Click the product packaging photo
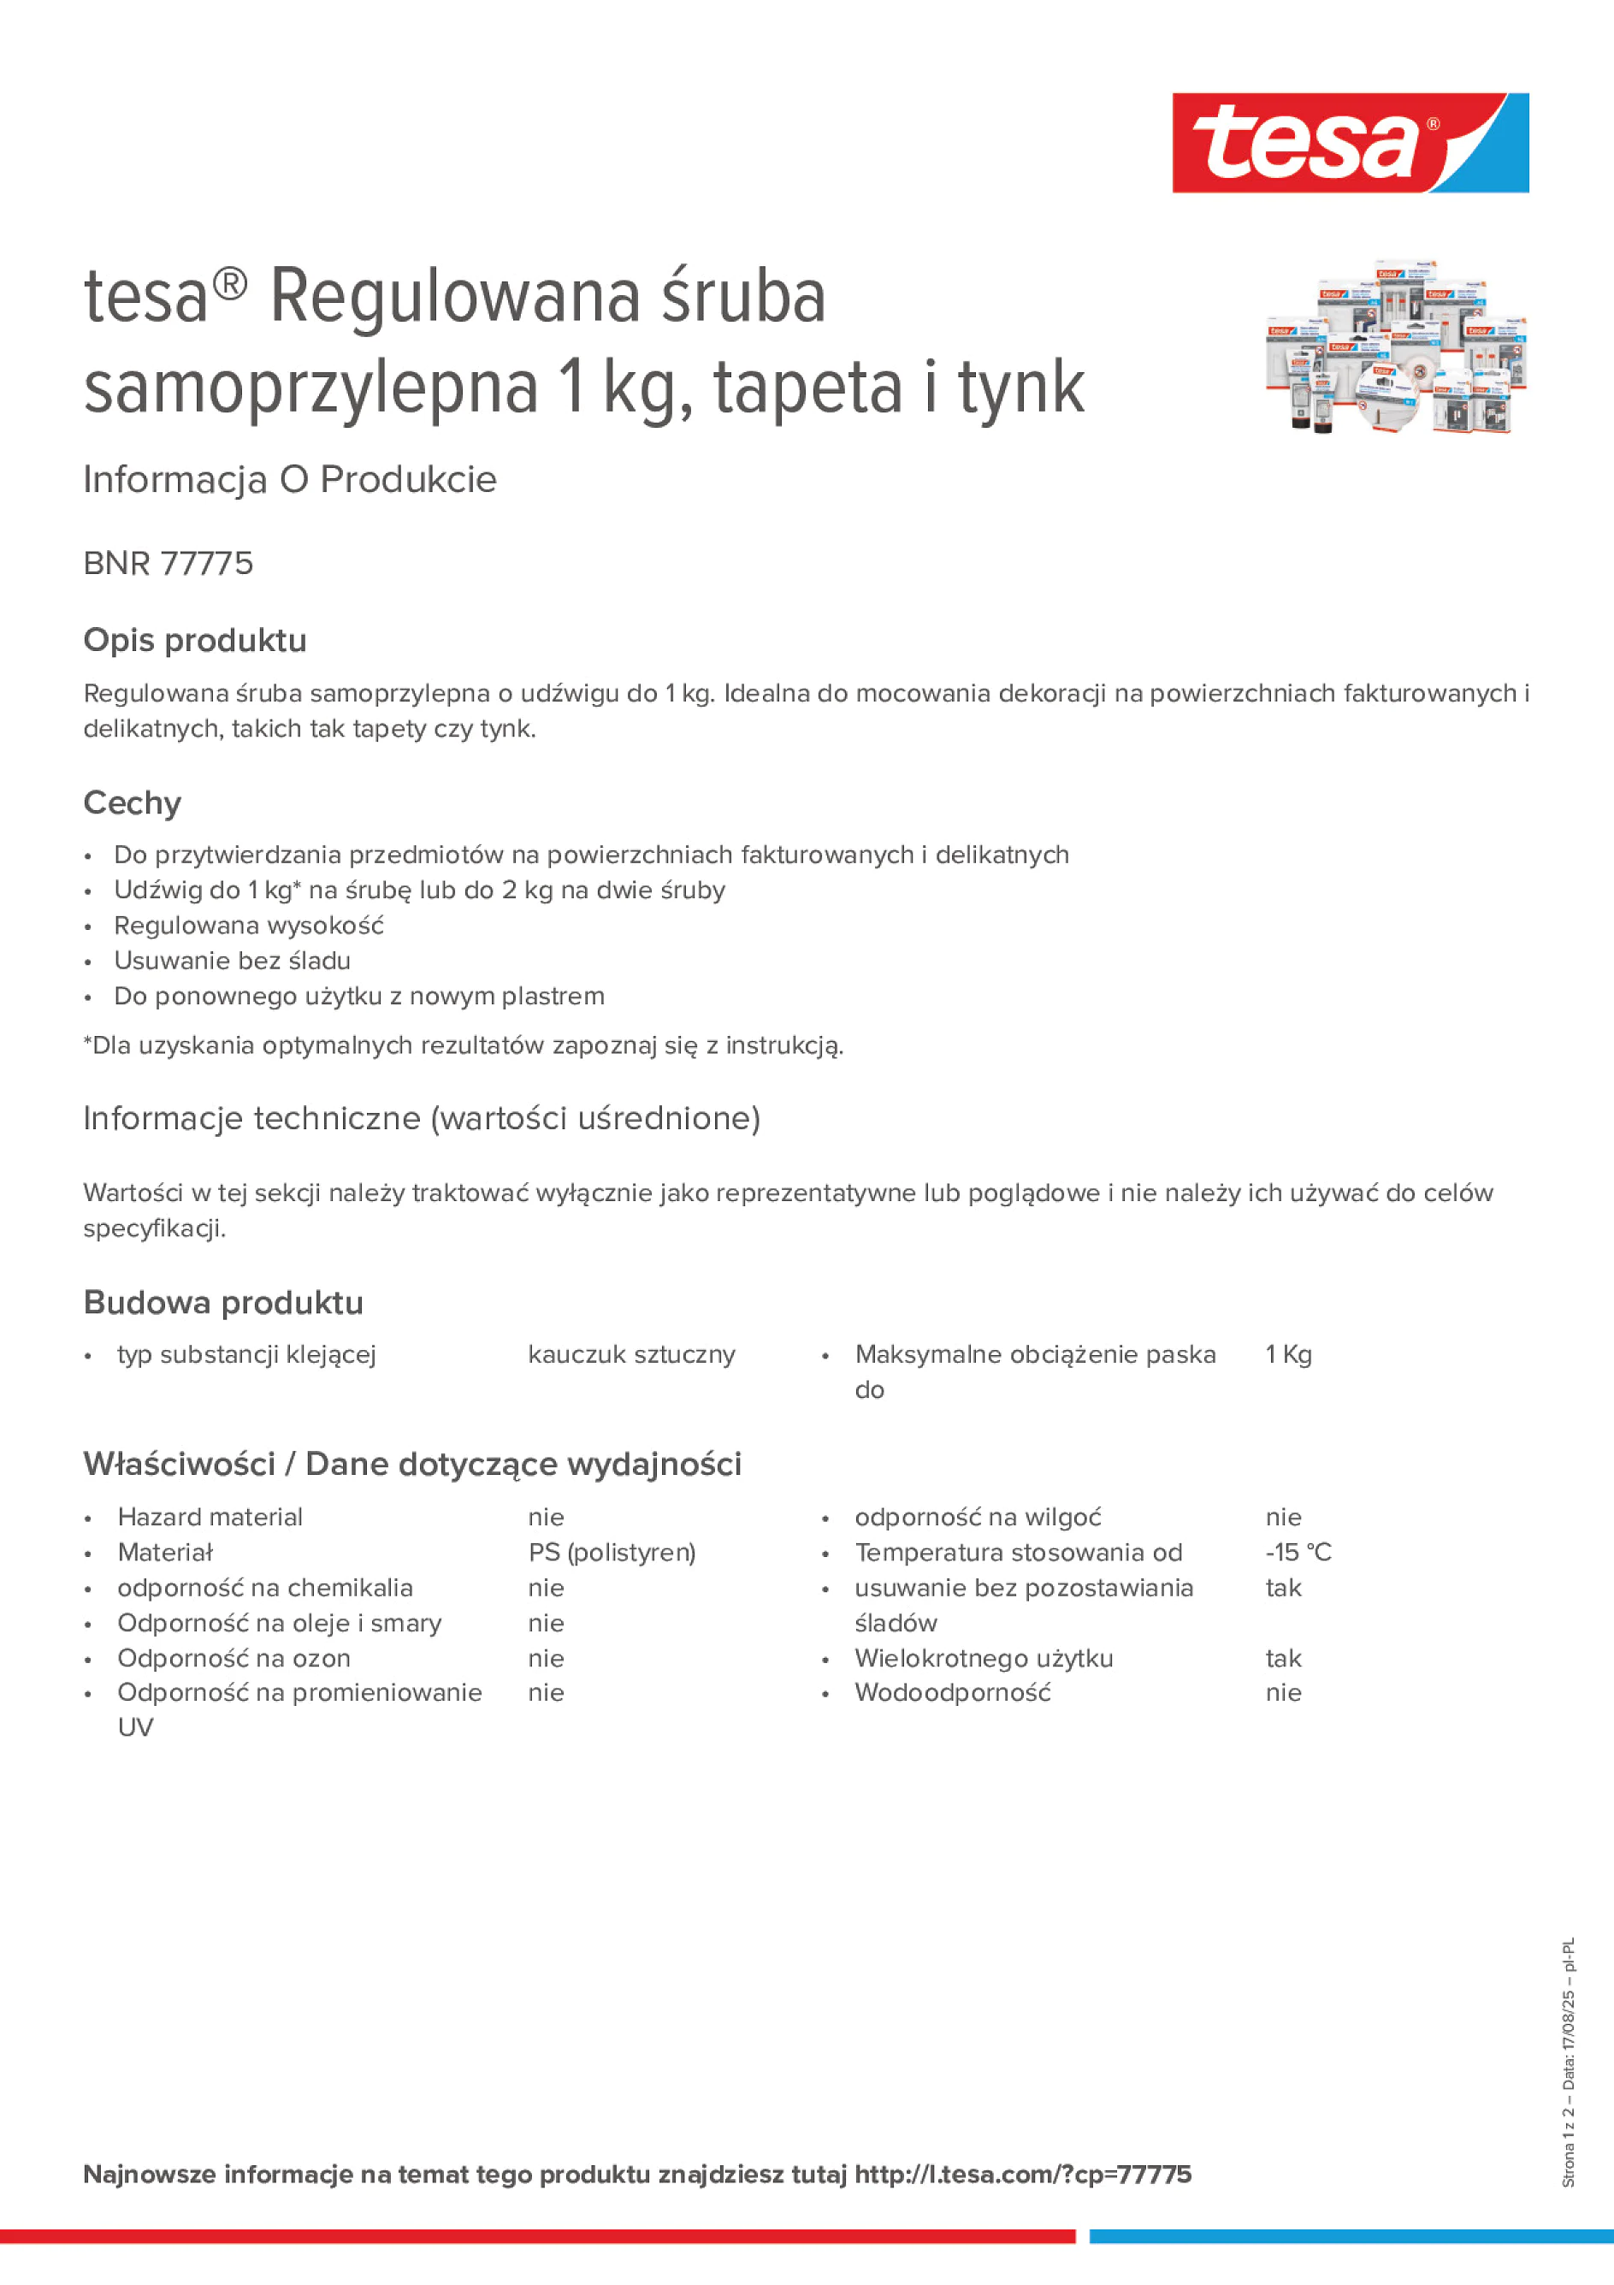tap(1395, 347)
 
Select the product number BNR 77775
tap(168, 563)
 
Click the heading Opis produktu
tap(195, 640)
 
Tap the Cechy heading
tap(133, 802)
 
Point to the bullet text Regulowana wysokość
tap(249, 926)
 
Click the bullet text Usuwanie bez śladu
tap(232, 961)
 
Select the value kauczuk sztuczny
tap(632, 1354)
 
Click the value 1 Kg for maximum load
tap(1289, 1354)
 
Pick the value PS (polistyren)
tap(612, 1553)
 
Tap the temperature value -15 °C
tap(1298, 1553)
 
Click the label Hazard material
tap(210, 1517)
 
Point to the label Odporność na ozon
tap(234, 1658)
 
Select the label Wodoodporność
tap(952, 1693)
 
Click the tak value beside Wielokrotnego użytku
tap(1284, 1658)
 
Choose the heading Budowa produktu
tap(224, 1303)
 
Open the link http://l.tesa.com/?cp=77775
tap(1023, 2175)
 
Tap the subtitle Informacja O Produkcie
tap(290, 480)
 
